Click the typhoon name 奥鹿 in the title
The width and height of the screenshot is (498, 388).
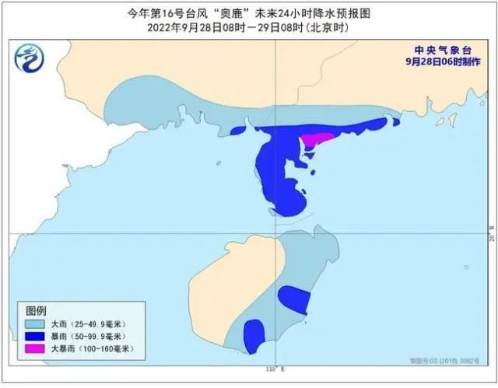[231, 13]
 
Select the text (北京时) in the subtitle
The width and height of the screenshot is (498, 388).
[324, 27]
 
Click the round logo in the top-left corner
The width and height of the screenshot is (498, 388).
[30, 57]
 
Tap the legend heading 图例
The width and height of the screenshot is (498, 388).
[37, 309]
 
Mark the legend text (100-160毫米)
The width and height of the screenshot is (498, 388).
[104, 350]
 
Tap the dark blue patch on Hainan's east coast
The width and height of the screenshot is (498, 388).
[294, 299]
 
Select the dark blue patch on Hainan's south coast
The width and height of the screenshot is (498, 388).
[253, 335]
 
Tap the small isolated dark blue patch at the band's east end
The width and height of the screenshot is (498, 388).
[396, 121]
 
